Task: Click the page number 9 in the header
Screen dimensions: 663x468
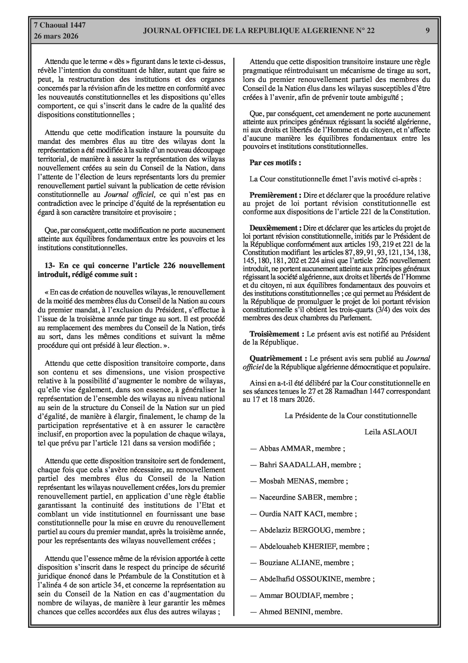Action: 427,30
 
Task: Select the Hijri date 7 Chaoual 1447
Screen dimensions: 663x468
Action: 60,25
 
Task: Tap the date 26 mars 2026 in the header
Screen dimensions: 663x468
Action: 56,36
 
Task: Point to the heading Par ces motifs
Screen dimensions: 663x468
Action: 275,162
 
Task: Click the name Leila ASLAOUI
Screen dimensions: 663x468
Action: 390,432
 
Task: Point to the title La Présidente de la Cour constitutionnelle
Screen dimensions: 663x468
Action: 351,415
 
